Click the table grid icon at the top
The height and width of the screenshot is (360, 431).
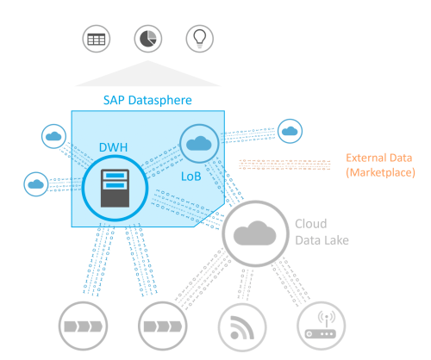point(94,39)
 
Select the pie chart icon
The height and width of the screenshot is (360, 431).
point(147,39)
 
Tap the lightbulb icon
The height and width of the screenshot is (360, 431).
point(198,39)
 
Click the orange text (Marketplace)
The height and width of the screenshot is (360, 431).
point(379,174)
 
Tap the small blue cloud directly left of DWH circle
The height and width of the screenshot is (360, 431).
point(35,183)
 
